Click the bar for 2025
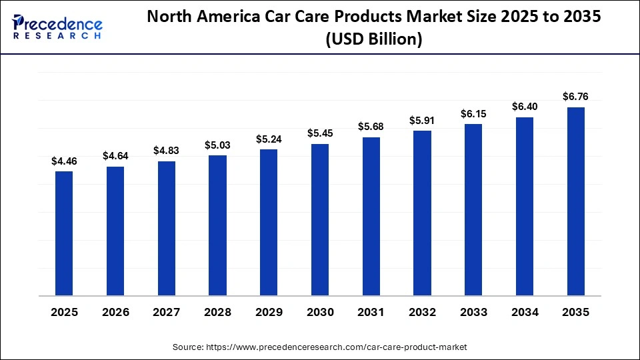[x=64, y=233]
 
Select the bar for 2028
[x=217, y=225]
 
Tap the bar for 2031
[x=371, y=216]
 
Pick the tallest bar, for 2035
[x=576, y=201]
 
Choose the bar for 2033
[x=473, y=209]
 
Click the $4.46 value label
[x=64, y=161]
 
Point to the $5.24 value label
[x=269, y=139]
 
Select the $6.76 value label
[x=576, y=97]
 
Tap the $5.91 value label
[x=422, y=121]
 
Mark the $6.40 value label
[x=525, y=107]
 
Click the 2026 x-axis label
[x=115, y=312]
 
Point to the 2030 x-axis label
[x=320, y=312]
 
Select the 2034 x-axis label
[x=525, y=312]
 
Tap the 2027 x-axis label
[x=167, y=312]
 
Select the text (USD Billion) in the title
[x=373, y=39]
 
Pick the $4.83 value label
[x=167, y=151]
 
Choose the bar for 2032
[x=422, y=213]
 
